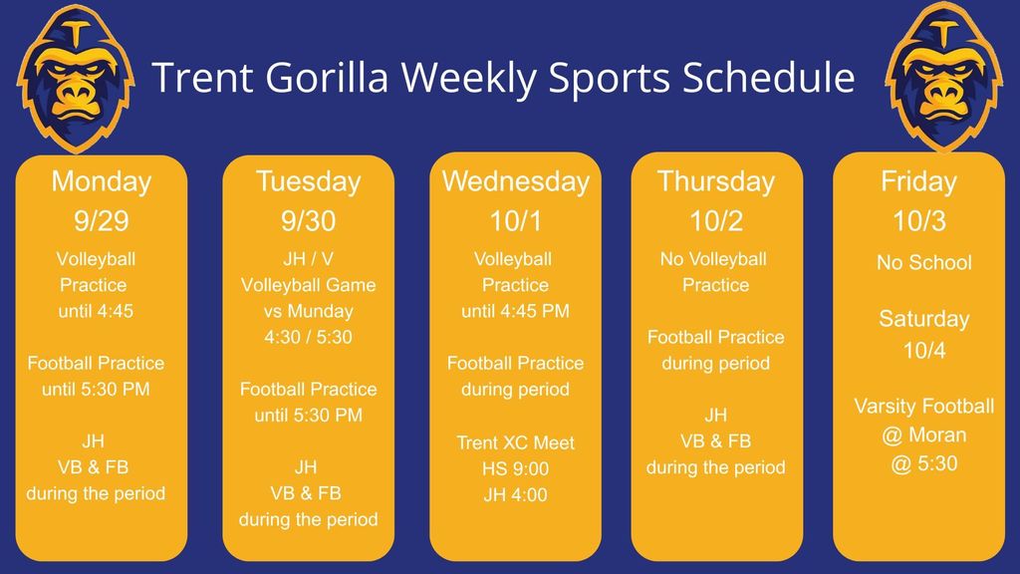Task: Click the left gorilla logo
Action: pos(76,78)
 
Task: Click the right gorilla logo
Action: pos(943,77)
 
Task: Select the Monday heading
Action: pos(102,181)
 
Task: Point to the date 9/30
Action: pos(309,221)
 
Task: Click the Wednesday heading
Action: pos(516,181)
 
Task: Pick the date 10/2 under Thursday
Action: pos(716,221)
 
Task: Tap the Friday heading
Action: pos(918,181)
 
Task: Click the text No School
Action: pos(923,262)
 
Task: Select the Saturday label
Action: pos(923,319)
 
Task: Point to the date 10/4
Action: pos(923,351)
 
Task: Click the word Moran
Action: pos(936,434)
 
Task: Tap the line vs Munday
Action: pos(309,311)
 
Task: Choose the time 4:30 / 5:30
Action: pos(309,337)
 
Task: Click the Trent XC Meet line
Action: pos(516,443)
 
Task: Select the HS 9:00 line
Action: pos(516,468)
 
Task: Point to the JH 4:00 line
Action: pos(516,494)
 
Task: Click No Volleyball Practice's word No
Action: pos(672,259)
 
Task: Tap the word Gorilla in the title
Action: pos(327,78)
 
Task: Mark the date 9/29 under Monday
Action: pos(102,221)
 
